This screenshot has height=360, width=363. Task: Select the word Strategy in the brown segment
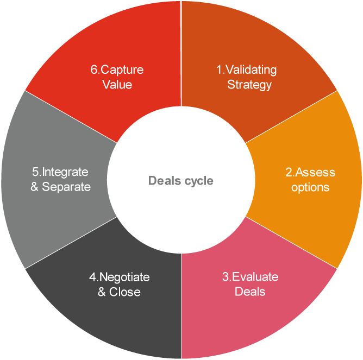(x=249, y=85)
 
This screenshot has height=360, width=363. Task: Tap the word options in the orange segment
(x=310, y=187)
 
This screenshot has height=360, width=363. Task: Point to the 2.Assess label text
(x=310, y=173)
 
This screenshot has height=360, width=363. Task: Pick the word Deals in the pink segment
(x=250, y=292)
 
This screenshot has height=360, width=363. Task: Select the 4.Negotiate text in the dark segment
(x=120, y=277)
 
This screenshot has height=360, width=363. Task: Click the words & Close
(x=119, y=292)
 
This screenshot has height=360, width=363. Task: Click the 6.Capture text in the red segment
(x=117, y=70)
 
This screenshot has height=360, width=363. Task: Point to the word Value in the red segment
(x=117, y=85)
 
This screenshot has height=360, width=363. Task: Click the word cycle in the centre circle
(x=198, y=181)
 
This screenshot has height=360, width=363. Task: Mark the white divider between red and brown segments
(x=181, y=54)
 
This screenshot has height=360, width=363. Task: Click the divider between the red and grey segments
(x=71, y=117)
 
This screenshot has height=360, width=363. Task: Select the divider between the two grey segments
(x=71, y=243)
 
